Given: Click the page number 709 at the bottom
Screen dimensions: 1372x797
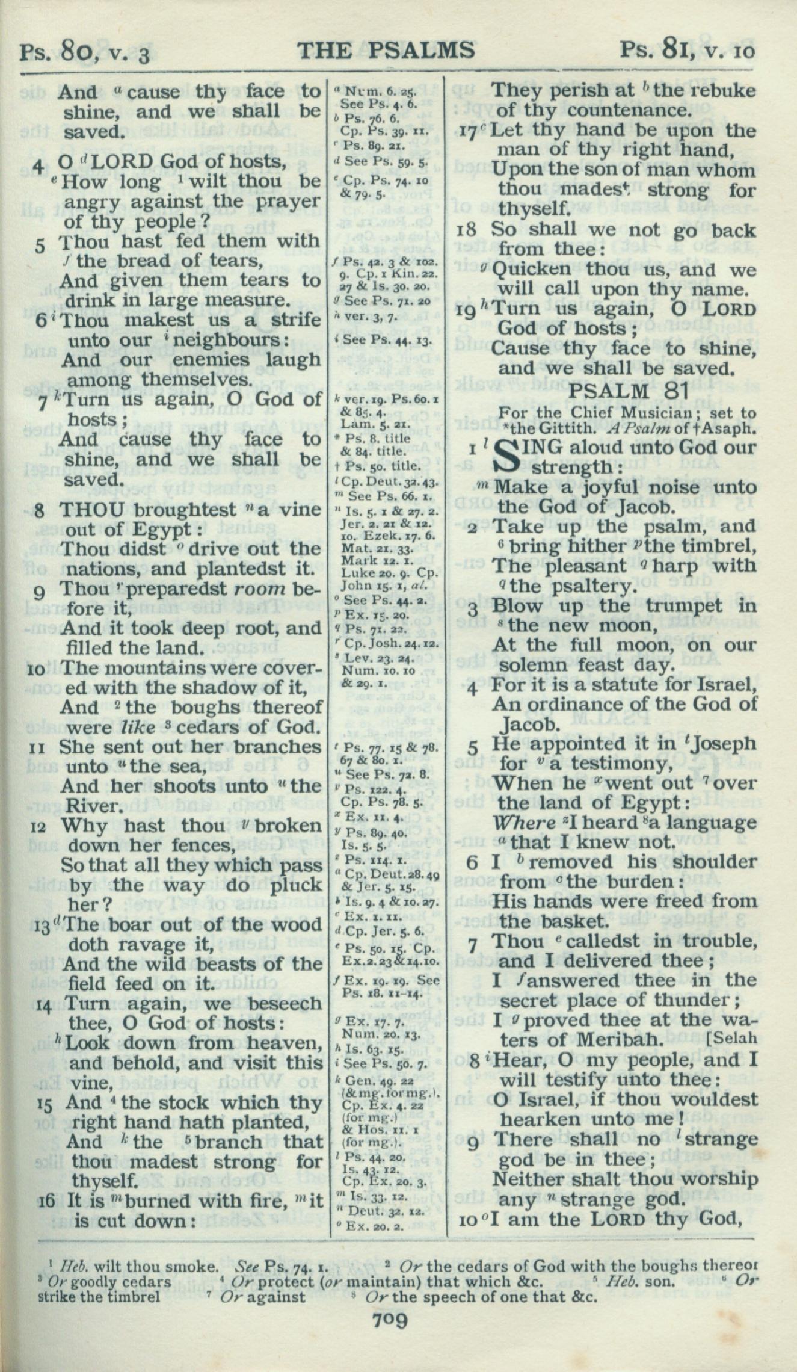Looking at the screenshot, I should point(390,1338).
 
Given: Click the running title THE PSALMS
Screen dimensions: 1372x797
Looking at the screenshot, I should point(386,51).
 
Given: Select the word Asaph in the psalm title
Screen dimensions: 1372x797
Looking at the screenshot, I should point(730,429).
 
